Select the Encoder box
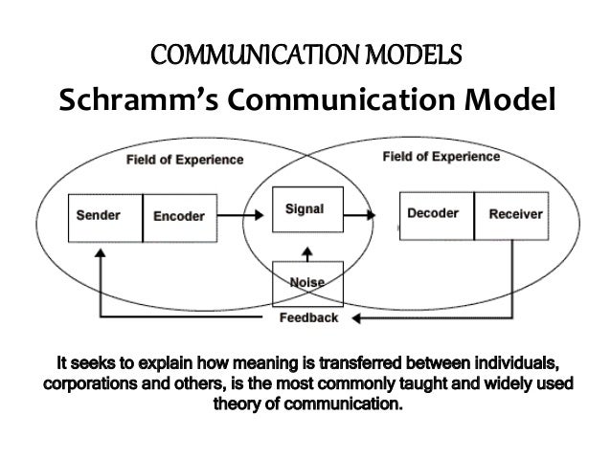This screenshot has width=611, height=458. point(178,215)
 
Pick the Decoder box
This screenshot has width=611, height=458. point(434,214)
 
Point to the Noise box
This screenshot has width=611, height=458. point(305,281)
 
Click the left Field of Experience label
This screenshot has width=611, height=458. point(185,160)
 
